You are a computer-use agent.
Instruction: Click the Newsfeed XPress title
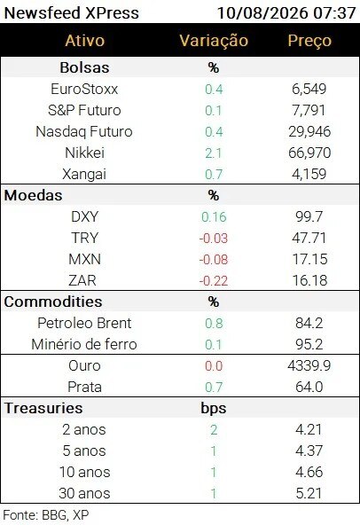coord(71,13)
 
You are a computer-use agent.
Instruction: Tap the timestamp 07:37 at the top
coord(334,13)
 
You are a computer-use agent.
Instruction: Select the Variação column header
coord(214,41)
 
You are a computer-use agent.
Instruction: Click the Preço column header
coord(309,41)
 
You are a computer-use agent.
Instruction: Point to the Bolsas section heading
coord(84,67)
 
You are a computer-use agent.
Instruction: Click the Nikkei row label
coord(84,153)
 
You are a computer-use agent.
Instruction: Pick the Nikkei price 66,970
coord(309,153)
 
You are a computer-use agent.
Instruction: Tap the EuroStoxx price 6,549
coord(309,89)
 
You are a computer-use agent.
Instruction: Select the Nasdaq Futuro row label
coord(84,131)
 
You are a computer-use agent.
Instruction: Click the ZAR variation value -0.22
coord(214,281)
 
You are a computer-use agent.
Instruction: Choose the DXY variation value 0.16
coord(214,217)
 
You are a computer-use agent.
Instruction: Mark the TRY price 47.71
coord(309,238)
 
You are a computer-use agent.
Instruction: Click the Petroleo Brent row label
coord(84,323)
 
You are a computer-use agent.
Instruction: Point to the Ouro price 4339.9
coord(309,365)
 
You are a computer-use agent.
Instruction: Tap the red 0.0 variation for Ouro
coord(214,366)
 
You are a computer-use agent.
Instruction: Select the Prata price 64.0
coord(309,387)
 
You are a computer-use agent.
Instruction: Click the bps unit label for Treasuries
coord(214,409)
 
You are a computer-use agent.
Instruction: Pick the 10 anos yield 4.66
coord(309,472)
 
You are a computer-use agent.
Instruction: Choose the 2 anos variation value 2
coord(214,430)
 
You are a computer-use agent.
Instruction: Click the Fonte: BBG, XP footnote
coord(46,515)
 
